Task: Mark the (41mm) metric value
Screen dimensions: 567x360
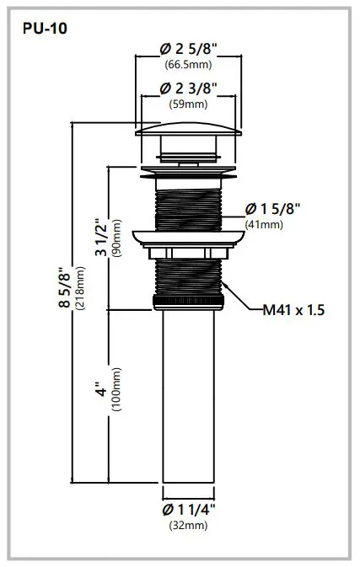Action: (264, 224)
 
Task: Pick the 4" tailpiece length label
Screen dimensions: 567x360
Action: (100, 393)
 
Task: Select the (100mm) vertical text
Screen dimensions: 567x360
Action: (116, 393)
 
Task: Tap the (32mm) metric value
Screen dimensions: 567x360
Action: (190, 526)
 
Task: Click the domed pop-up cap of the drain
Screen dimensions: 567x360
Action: (190, 128)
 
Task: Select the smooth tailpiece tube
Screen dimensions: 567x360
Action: (190, 396)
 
